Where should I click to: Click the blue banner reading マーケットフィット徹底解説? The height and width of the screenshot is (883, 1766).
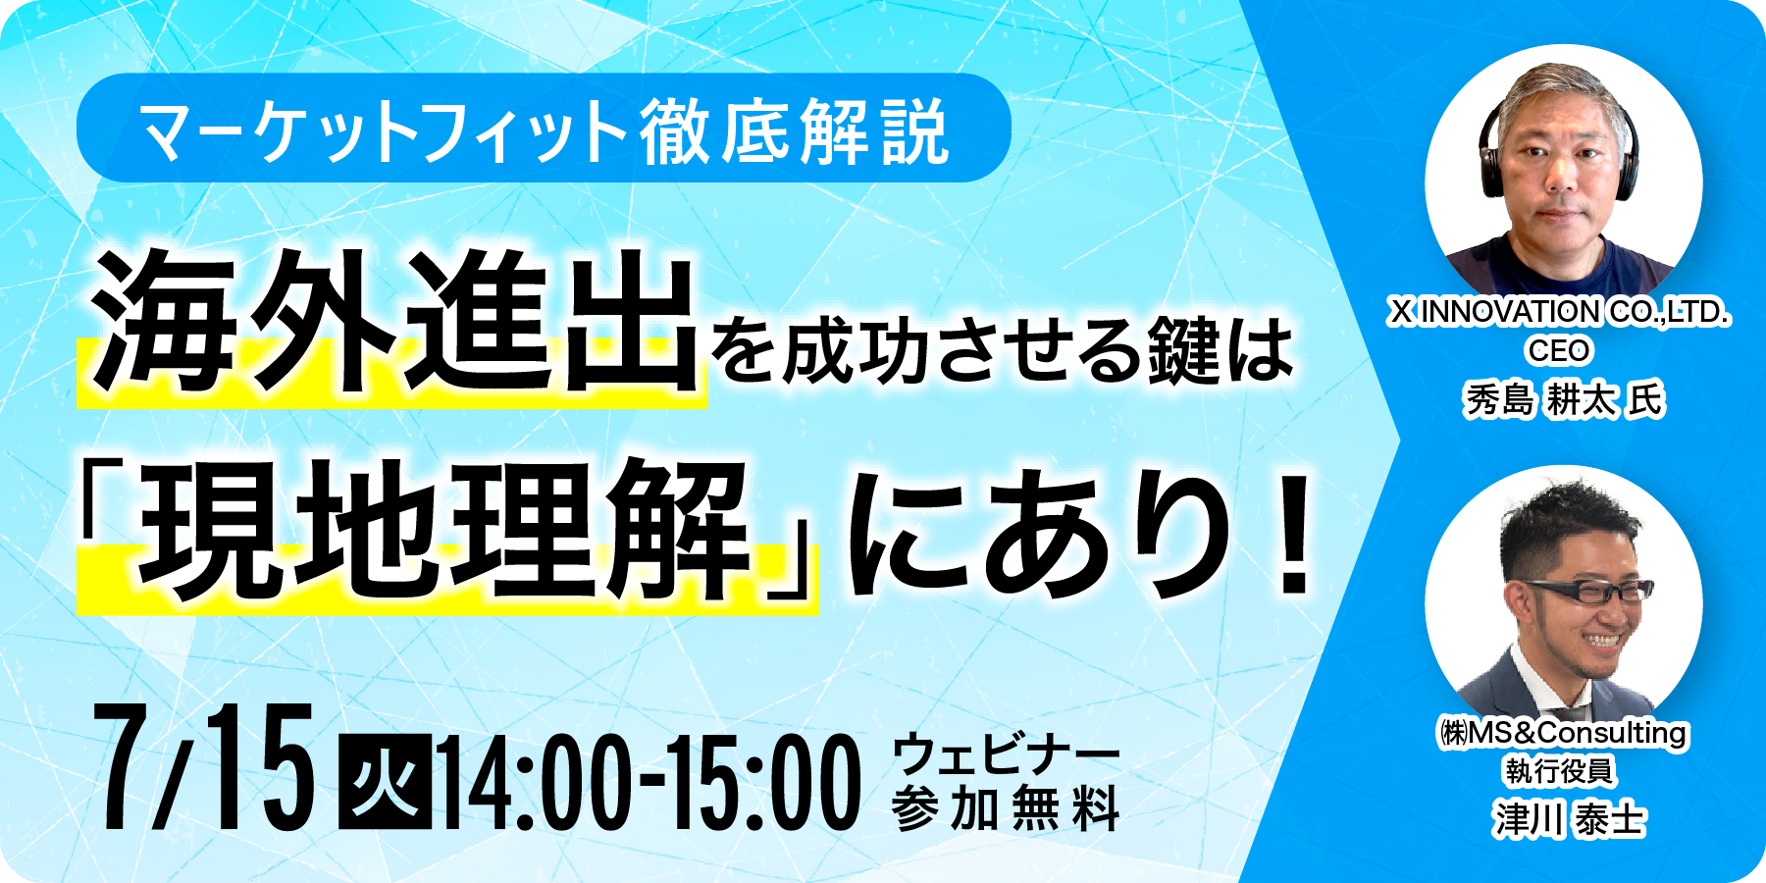coord(544,128)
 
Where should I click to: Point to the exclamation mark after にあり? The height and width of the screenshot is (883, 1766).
coord(1296,536)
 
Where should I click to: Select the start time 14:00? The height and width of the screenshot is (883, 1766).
coord(536,783)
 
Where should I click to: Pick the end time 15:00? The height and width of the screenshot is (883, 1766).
coord(766,783)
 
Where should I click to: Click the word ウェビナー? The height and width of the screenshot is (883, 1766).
coord(1006,755)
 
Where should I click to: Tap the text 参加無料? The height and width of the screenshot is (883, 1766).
coord(1006,809)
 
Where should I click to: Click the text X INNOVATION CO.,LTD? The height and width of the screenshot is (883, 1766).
coord(1559,312)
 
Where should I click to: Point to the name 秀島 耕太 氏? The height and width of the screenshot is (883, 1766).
coord(1564,399)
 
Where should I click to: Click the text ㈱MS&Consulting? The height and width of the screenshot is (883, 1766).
coord(1564,733)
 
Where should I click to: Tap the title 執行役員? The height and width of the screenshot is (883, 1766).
coord(1559,771)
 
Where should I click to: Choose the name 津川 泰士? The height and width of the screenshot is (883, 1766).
coord(1569,819)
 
